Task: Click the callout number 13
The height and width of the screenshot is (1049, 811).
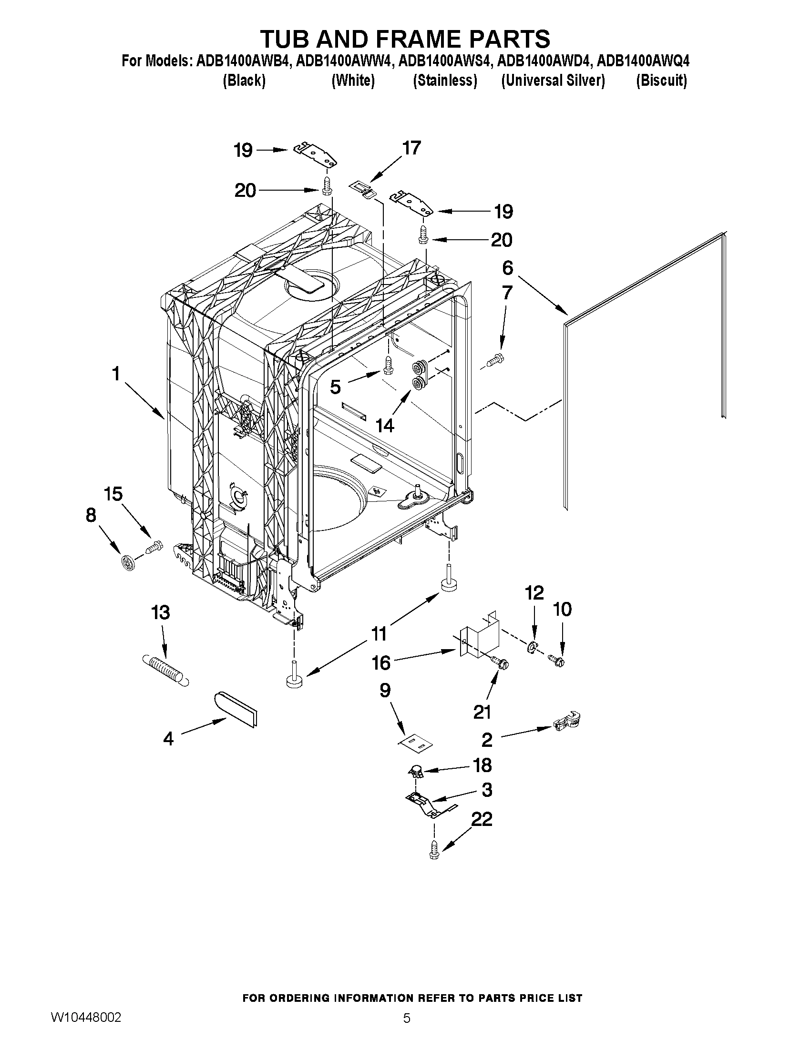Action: (161, 612)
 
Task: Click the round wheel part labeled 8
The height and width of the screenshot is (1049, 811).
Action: (127, 561)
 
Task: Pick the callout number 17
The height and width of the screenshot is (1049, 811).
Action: (411, 148)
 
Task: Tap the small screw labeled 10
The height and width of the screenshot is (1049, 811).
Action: (558, 662)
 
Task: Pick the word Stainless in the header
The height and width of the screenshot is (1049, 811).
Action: (445, 81)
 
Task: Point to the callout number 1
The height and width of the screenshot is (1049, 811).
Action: (116, 373)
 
